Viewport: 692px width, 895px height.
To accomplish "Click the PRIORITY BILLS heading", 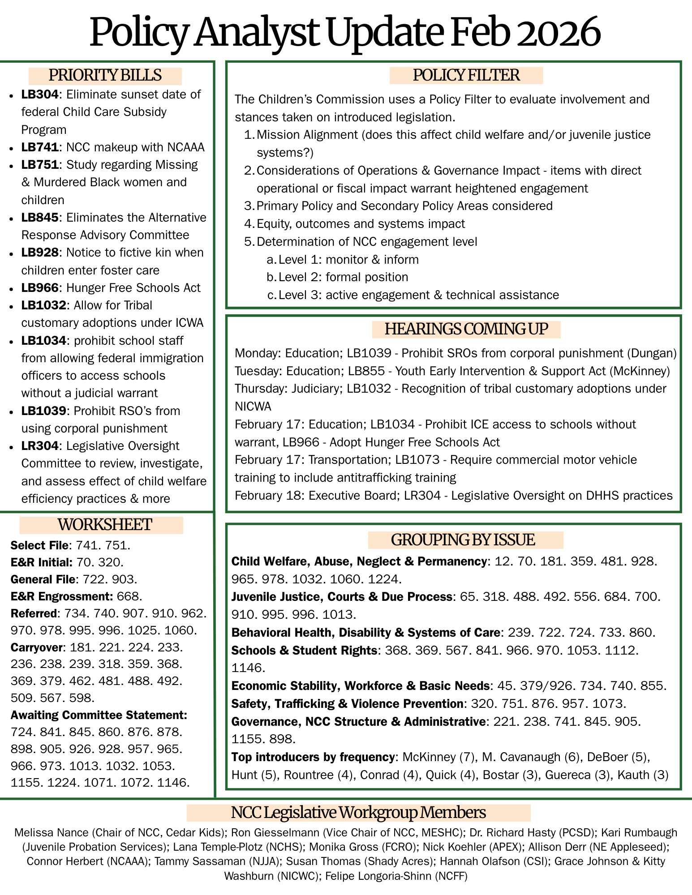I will tap(105, 76).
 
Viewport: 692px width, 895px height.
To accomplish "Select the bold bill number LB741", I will tap(40, 147).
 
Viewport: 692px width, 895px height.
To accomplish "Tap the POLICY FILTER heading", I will tap(466, 76).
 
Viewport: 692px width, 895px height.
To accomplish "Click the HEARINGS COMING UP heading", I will tap(466, 329).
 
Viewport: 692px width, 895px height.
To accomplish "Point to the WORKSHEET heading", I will tap(105, 525).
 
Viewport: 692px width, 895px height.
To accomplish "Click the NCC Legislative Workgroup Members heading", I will tap(358, 812).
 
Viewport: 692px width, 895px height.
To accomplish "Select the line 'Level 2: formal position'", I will tap(343, 277).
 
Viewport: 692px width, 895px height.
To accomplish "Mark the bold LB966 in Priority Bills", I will tap(40, 288).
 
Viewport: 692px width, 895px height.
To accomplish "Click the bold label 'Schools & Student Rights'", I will tap(304, 650).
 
